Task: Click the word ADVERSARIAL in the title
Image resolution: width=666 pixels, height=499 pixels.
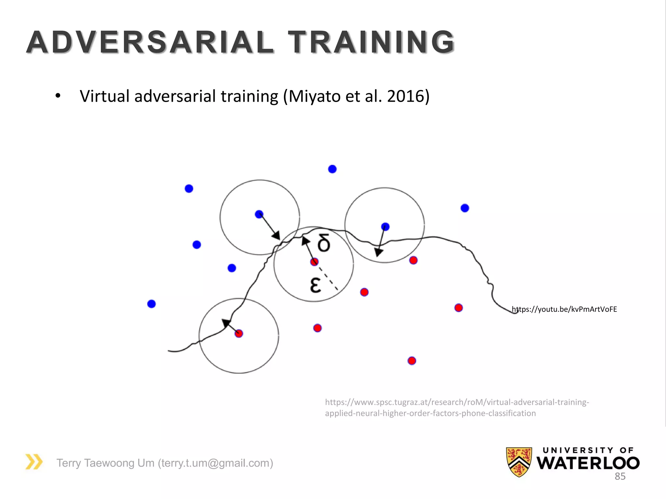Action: [150, 42]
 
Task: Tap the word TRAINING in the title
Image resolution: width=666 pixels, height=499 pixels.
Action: [371, 42]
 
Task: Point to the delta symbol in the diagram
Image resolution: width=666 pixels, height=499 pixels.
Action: [324, 243]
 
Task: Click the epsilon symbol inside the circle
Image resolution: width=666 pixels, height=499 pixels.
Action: [315, 285]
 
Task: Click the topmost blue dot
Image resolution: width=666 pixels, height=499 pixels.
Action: [332, 169]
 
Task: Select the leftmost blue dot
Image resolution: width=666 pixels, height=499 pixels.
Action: [152, 304]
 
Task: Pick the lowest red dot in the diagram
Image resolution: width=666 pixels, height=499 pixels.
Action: [412, 361]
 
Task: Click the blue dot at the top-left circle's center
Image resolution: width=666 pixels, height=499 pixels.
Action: [259, 214]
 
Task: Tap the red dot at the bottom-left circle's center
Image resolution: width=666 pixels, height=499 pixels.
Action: [239, 333]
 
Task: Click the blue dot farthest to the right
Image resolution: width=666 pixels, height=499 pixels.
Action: [465, 208]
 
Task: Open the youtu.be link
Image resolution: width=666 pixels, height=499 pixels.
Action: [564, 309]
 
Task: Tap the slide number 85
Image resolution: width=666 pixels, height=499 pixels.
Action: [620, 476]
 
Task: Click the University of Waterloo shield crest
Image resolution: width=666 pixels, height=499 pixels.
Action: [519, 462]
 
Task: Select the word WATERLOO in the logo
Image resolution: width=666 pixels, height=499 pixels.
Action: [588, 463]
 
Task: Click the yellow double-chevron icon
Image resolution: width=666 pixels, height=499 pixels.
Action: [34, 462]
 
